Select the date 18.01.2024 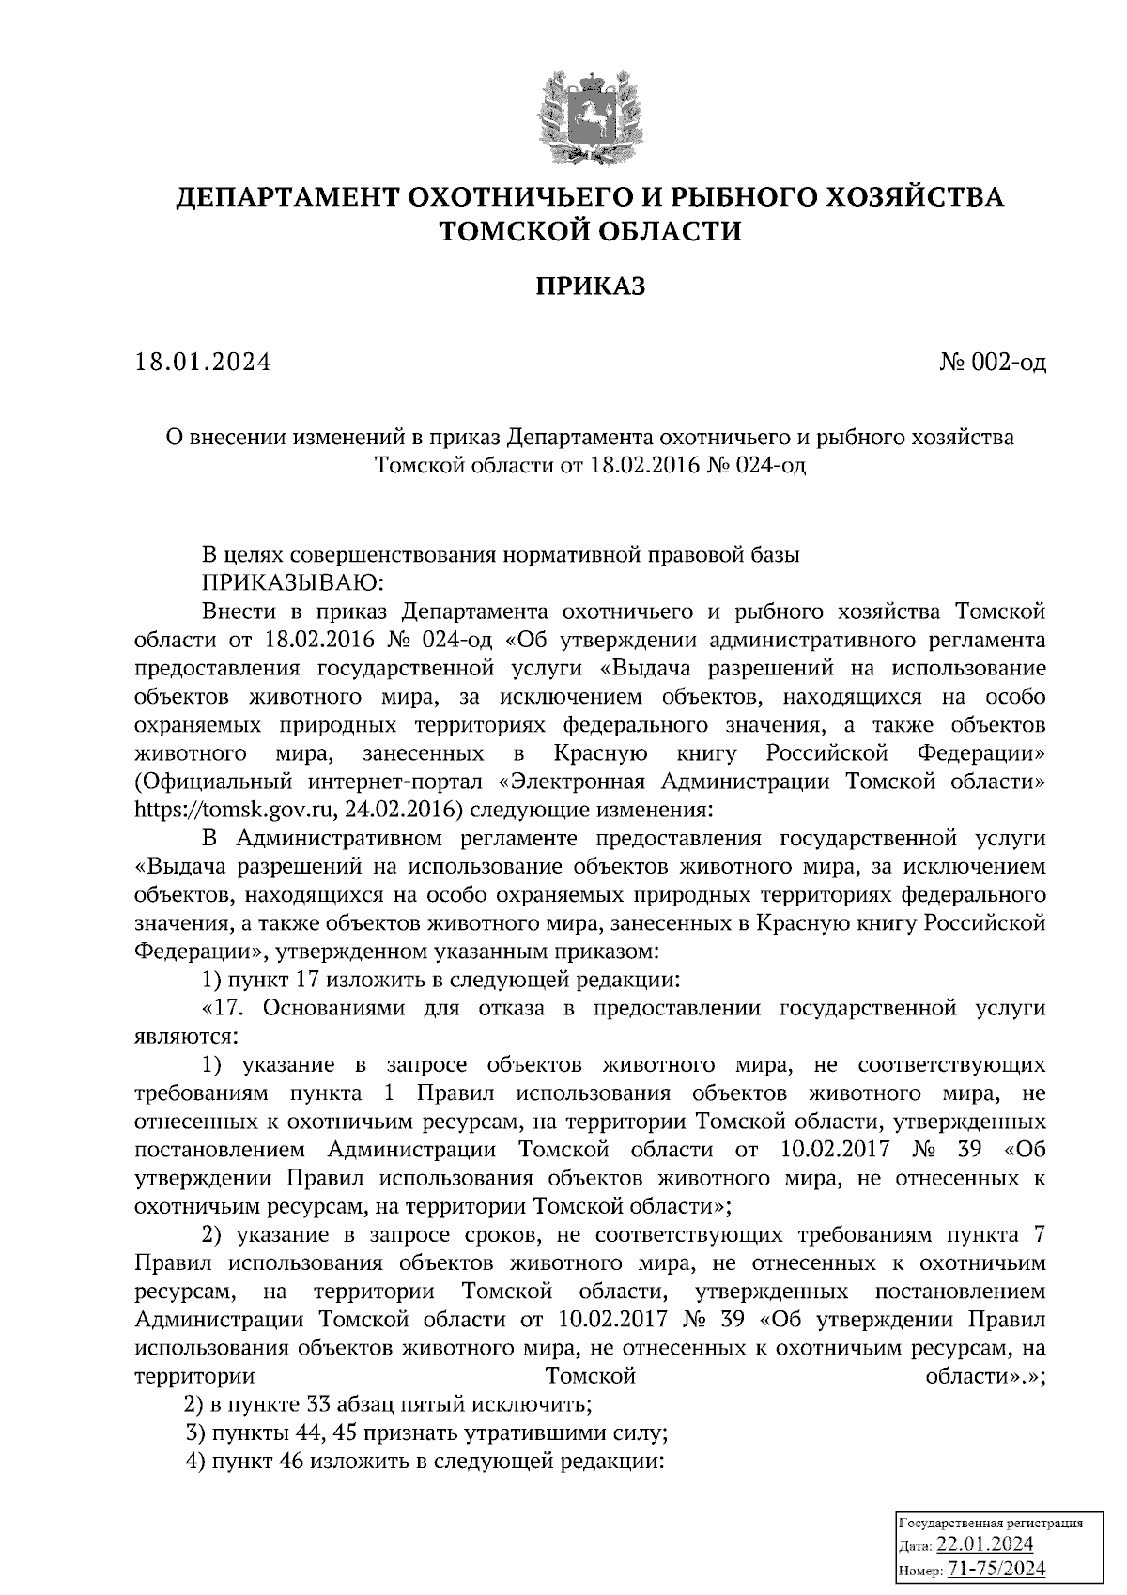203,362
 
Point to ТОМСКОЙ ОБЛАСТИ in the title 591,230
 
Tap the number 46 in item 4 287,1462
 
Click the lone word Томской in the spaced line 591,1376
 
